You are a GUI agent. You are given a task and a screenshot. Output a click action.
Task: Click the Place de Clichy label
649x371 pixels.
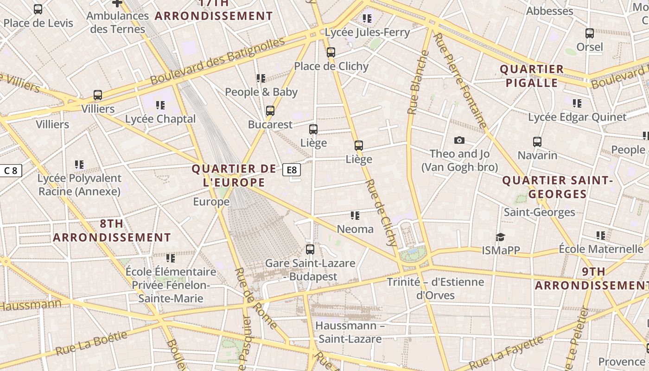(x=331, y=66)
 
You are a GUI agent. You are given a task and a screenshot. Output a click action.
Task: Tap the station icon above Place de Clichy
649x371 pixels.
(x=331, y=52)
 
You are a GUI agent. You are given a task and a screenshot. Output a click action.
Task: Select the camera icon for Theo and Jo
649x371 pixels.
(x=459, y=140)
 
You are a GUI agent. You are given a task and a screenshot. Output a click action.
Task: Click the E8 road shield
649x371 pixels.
(x=292, y=170)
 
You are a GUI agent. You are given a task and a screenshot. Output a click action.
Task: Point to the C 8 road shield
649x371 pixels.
(x=11, y=171)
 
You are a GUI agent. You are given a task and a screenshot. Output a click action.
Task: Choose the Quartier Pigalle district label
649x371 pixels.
(x=531, y=76)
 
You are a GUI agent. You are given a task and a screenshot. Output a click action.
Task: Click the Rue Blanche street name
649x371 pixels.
(x=418, y=82)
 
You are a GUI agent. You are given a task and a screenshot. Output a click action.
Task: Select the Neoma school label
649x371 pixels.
(x=355, y=229)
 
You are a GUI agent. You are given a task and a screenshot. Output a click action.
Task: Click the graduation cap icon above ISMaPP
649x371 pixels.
(x=500, y=237)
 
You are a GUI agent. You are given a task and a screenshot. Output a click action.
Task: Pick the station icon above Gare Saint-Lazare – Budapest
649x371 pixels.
(x=310, y=249)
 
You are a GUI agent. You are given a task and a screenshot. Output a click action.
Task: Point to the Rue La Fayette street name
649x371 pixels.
(x=506, y=353)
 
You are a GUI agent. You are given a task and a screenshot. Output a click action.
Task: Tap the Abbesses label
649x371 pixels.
(x=550, y=11)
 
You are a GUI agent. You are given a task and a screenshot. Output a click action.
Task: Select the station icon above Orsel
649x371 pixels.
(x=590, y=33)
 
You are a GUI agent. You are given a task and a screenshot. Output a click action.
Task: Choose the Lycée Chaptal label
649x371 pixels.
(x=160, y=119)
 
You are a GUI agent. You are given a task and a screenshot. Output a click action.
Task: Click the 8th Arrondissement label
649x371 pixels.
(x=112, y=230)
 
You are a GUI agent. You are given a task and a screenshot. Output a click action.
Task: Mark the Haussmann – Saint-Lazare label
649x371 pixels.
(x=350, y=332)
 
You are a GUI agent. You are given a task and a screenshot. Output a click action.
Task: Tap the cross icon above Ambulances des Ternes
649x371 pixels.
(x=117, y=3)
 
